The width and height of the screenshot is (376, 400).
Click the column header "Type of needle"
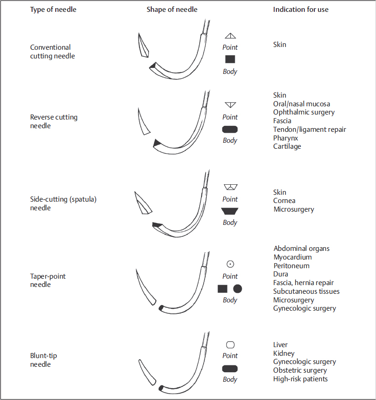click(x=53, y=10)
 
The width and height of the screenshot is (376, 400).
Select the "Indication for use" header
click(x=301, y=10)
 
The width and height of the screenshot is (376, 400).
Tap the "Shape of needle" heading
click(x=172, y=10)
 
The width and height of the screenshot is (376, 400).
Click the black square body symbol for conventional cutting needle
click(x=230, y=59)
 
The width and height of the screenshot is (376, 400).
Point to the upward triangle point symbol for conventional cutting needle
click(x=230, y=36)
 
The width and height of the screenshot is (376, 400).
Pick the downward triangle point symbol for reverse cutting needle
click(x=230, y=105)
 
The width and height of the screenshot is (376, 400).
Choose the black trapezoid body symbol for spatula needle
click(x=230, y=211)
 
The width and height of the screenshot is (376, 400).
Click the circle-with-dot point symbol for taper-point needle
click(x=230, y=264)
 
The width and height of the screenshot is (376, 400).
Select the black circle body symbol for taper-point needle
click(x=238, y=289)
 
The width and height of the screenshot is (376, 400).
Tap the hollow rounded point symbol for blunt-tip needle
click(x=230, y=345)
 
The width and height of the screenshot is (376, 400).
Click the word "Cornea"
click(x=284, y=201)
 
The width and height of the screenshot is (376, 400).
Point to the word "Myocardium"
click(x=292, y=257)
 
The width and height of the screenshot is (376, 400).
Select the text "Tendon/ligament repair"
click(x=309, y=130)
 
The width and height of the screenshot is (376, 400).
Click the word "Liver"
click(x=281, y=345)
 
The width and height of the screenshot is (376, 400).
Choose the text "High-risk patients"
click(x=300, y=379)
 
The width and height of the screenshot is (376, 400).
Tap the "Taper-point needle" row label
click(x=48, y=281)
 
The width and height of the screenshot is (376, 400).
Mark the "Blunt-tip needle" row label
click(x=43, y=360)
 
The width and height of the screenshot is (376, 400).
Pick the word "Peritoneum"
click(x=291, y=266)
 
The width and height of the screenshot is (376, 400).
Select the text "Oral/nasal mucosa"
click(x=302, y=104)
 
